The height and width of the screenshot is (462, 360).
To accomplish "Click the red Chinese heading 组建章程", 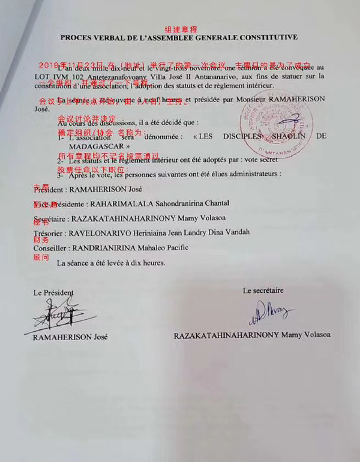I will tap(181, 29).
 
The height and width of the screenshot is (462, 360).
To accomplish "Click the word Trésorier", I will tap(51, 232).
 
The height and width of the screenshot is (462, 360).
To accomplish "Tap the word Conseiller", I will tap(52, 247).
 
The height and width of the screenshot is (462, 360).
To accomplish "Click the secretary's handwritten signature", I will tap(267, 311).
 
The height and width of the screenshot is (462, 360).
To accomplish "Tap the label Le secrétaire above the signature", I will tap(263, 290).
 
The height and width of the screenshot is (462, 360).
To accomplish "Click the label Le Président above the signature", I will tap(53, 293).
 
